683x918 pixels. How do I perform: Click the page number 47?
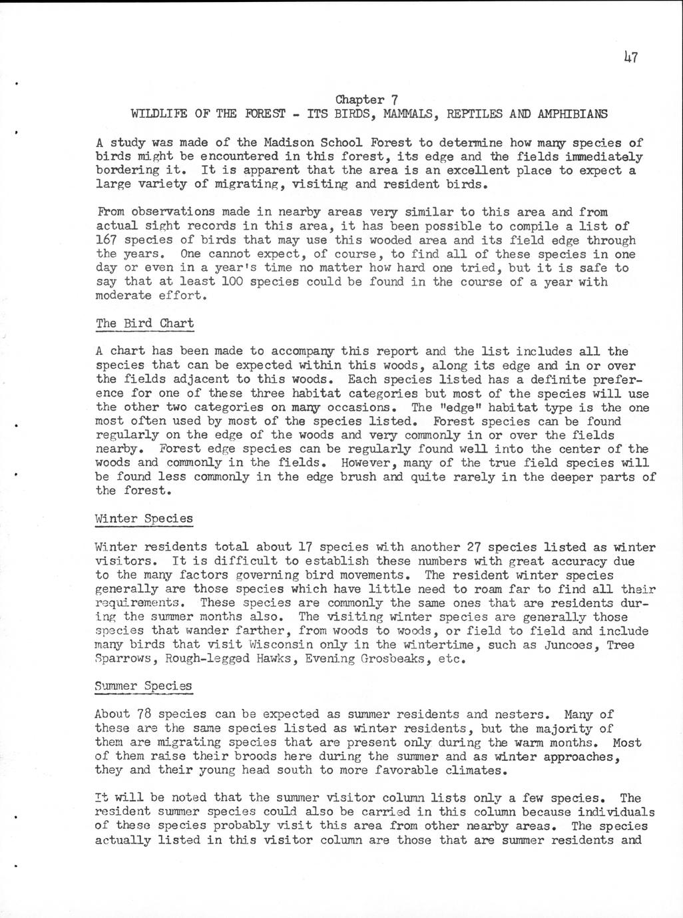(631, 57)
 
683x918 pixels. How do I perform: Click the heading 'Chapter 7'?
(366, 100)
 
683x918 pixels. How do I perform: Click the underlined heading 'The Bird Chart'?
(145, 324)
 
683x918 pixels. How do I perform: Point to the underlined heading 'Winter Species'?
(144, 518)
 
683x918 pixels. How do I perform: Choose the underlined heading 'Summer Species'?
(143, 686)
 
